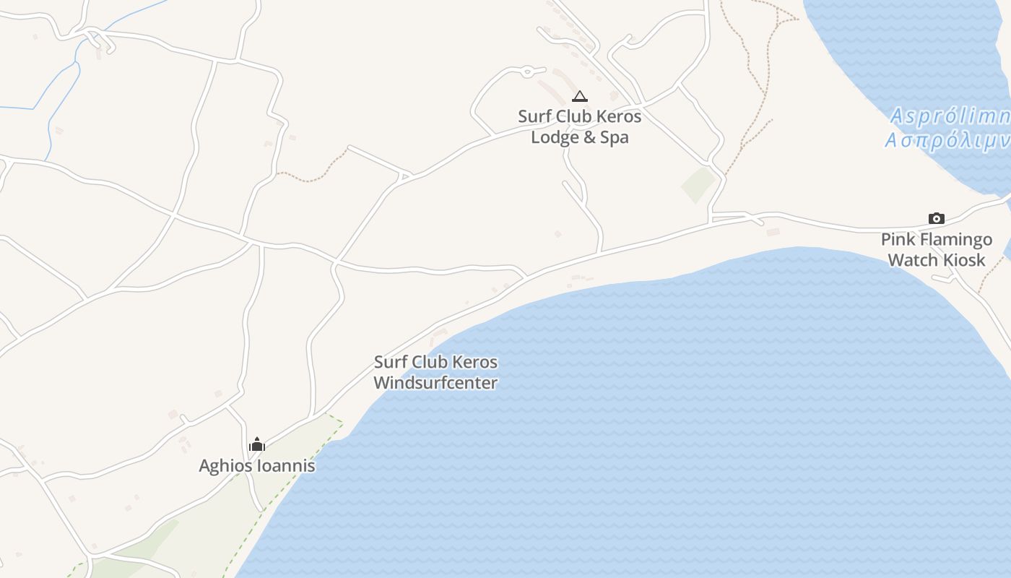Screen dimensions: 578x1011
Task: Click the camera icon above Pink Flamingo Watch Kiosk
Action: (x=936, y=218)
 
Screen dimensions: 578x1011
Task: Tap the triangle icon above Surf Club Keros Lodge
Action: (x=579, y=96)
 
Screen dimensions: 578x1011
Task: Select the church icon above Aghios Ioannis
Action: (x=257, y=444)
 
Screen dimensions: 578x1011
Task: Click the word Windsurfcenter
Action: (x=435, y=383)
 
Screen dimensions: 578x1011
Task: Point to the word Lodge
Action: (x=555, y=137)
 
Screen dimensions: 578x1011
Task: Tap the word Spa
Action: (x=615, y=137)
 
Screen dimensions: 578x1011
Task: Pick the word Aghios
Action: (x=223, y=466)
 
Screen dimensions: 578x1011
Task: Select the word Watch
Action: (x=911, y=260)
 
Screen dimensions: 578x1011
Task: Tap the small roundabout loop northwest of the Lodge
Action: (x=527, y=71)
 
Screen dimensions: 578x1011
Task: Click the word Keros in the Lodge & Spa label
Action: (x=618, y=116)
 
